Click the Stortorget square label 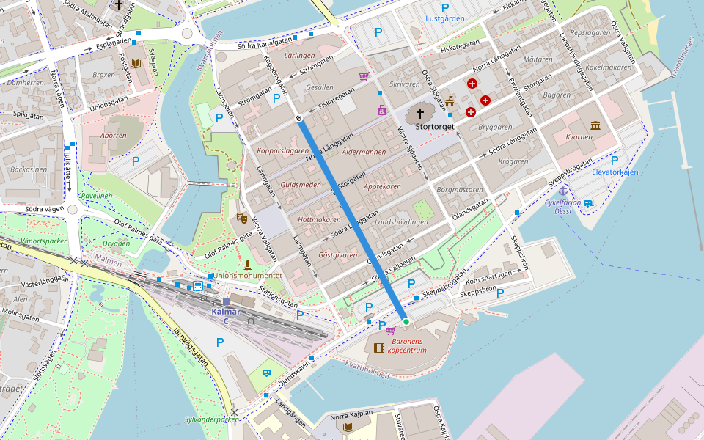[435, 127]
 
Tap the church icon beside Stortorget [420, 114]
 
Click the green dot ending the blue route [405, 321]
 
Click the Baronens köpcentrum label [408, 346]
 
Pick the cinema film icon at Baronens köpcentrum [378, 348]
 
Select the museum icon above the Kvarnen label [595, 126]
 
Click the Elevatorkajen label [615, 172]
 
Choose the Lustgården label [445, 18]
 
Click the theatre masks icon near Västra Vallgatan [241, 218]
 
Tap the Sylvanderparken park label [212, 420]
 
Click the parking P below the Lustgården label [378, 32]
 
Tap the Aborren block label [114, 135]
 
